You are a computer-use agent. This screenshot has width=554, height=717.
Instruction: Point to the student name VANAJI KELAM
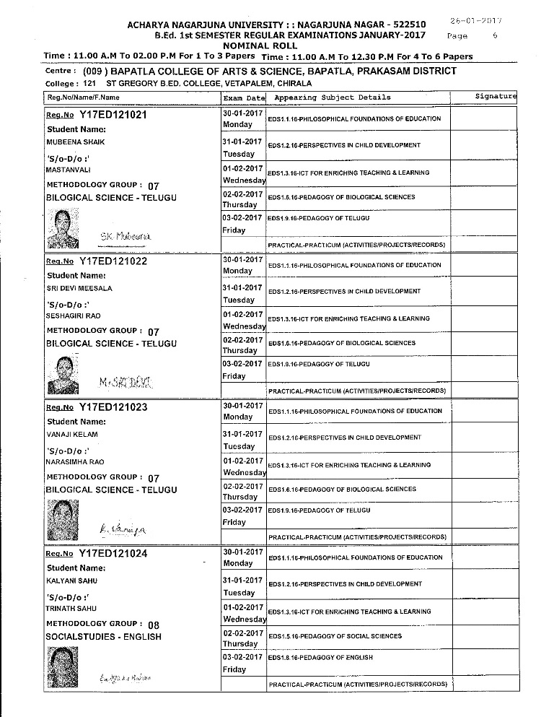click(x=71, y=435)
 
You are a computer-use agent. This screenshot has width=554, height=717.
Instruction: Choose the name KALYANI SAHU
click(x=71, y=581)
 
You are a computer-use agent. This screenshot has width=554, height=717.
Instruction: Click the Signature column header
click(x=496, y=96)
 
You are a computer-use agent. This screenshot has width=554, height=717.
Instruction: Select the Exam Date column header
click(x=245, y=97)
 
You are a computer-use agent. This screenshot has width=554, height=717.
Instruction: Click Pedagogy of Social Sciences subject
click(x=335, y=636)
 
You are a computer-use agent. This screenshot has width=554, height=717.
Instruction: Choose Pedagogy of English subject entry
click(x=320, y=658)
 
